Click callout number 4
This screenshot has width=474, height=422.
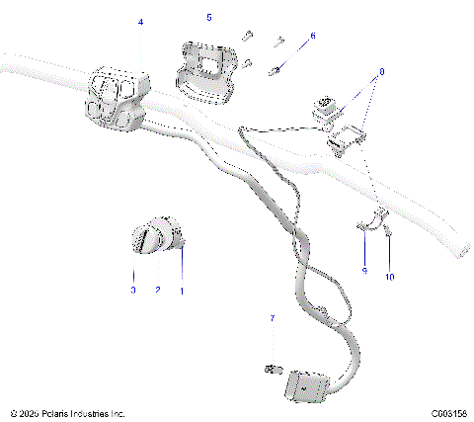click(x=140, y=21)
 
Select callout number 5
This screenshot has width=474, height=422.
click(x=208, y=18)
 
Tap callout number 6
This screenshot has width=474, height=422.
click(x=313, y=36)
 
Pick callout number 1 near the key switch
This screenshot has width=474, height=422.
click(x=182, y=291)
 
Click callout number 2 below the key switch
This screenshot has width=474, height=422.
click(x=158, y=291)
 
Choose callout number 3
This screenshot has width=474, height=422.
click(x=133, y=291)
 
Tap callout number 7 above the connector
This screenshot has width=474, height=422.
click(x=272, y=319)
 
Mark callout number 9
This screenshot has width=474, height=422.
click(x=363, y=270)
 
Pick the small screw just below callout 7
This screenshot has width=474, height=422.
click(x=270, y=370)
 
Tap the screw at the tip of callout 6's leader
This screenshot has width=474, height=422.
click(x=283, y=69)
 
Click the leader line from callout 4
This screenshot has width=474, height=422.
click(x=140, y=47)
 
